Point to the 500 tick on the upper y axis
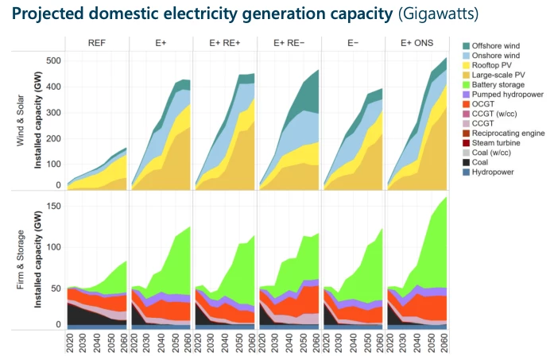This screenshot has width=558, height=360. click(54, 60)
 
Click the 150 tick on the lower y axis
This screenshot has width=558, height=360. click(54, 206)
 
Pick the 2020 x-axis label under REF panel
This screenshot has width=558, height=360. click(72, 344)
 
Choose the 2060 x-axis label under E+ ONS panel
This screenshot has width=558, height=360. click(444, 344)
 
